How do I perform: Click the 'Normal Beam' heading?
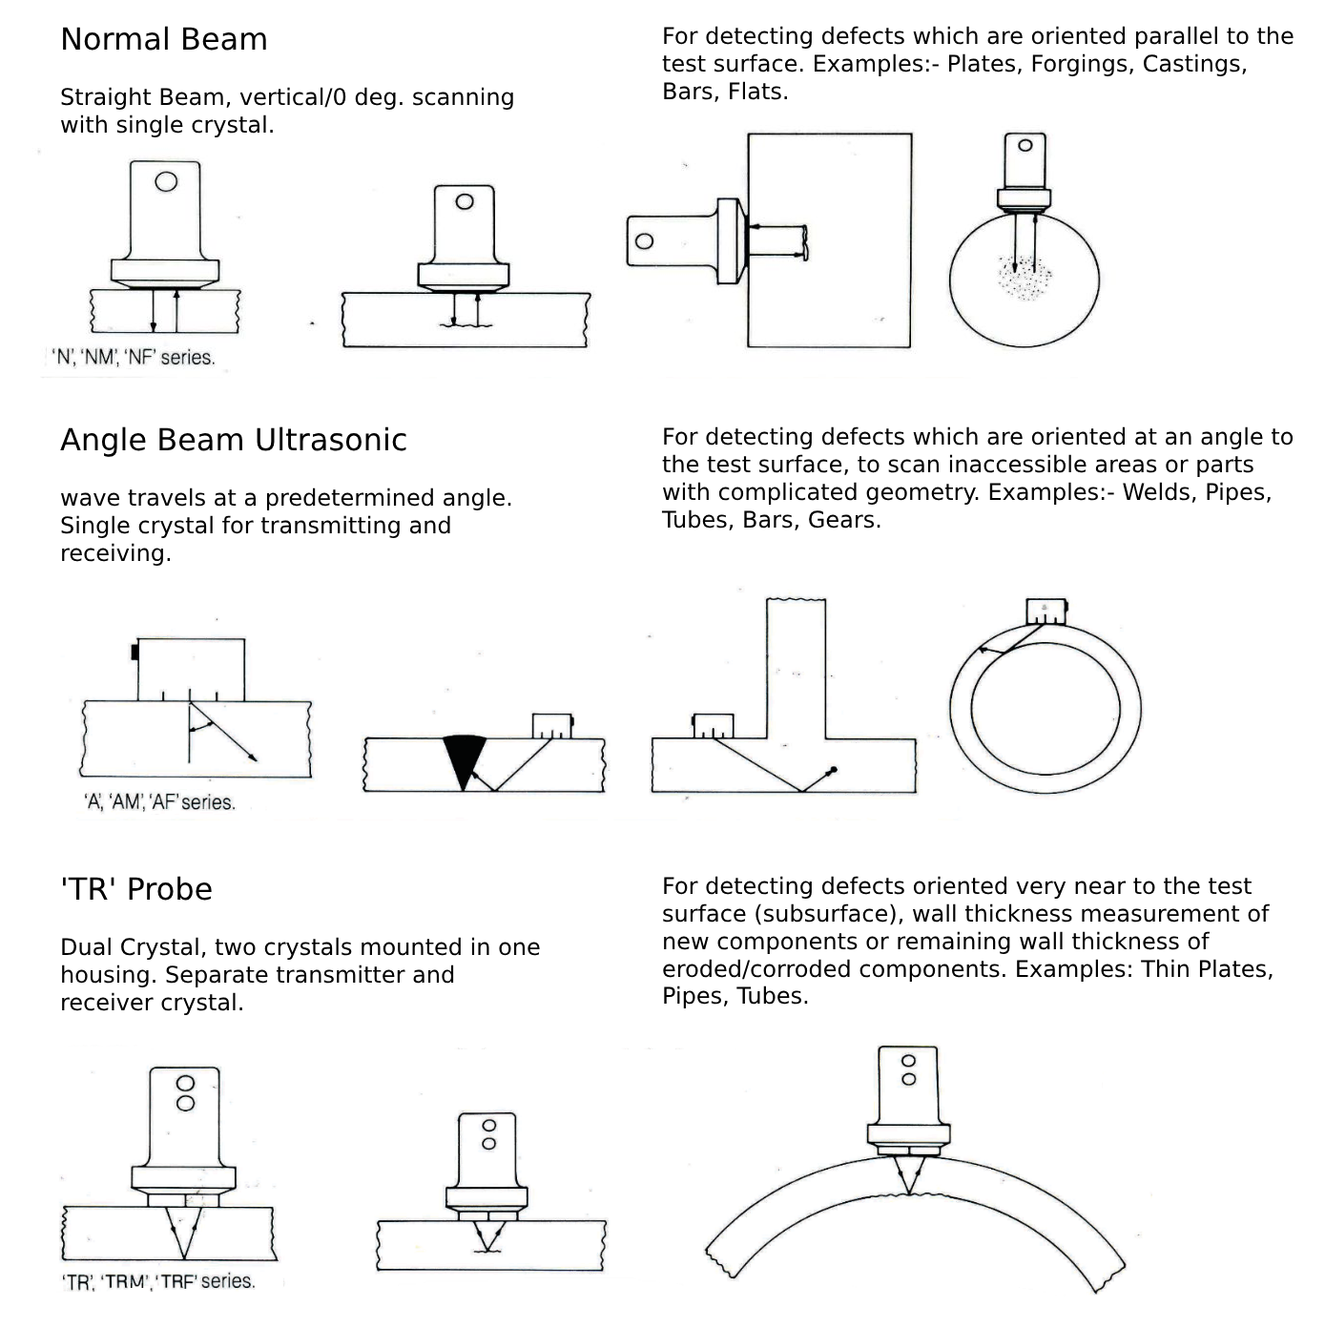tap(163, 40)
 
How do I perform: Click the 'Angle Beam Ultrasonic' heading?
tap(233, 441)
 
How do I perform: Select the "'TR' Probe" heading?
tap(135, 889)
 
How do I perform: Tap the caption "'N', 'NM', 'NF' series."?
tap(134, 358)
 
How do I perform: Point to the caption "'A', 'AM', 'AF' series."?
tap(159, 802)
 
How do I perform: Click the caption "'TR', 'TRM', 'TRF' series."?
tap(159, 1281)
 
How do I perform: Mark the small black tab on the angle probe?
tap(135, 653)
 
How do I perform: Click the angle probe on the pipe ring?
tap(1046, 612)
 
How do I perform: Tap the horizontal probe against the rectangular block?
tap(683, 240)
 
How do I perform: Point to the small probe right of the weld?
tap(552, 726)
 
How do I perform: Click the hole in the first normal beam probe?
tap(166, 181)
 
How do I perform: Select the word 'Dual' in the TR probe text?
tap(87, 947)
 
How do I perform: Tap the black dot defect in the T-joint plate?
tap(834, 769)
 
